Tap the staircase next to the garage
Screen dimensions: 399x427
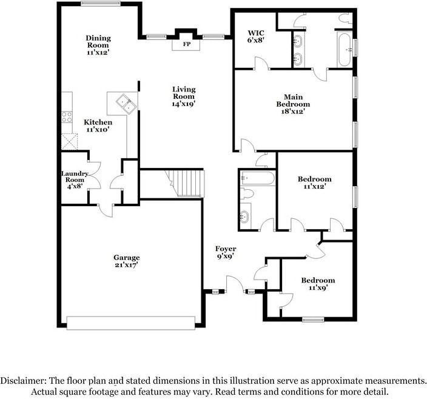click(x=186, y=183)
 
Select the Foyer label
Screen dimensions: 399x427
click(x=226, y=249)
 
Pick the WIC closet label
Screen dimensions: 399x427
click(x=254, y=33)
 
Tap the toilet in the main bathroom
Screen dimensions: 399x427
click(x=346, y=19)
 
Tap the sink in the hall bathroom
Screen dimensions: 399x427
click(x=244, y=216)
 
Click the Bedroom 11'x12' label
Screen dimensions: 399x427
click(x=314, y=183)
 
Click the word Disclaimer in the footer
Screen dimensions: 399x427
click(x=22, y=380)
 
